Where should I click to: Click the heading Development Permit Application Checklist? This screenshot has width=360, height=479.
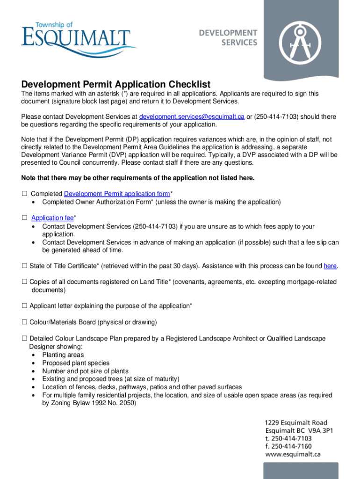116,85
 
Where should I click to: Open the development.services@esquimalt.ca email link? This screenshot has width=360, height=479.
192,116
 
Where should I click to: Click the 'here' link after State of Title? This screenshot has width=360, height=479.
330,266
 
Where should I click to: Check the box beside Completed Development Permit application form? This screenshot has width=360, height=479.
24,194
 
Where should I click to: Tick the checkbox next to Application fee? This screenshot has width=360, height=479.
24,218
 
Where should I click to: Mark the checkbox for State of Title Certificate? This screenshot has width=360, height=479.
24,266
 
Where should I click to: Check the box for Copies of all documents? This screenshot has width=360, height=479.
24,282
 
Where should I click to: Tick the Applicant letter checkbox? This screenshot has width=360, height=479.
24,306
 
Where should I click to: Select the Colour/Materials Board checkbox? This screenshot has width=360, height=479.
24,322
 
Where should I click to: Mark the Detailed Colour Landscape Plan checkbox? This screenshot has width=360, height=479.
24,339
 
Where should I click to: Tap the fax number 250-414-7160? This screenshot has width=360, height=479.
288,446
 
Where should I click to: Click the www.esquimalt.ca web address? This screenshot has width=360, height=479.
293,454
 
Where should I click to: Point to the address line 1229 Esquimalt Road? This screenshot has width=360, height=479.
296,423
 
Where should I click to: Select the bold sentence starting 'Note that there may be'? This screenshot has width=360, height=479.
138,178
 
